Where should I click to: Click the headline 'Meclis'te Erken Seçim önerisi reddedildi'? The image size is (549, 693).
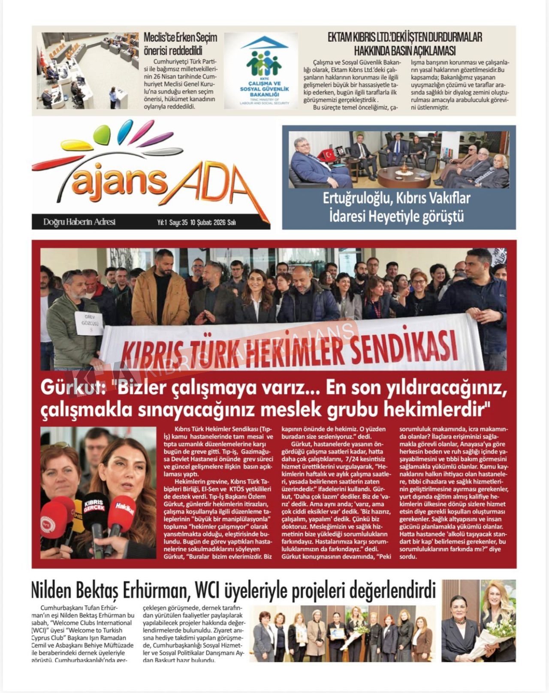point(180,44)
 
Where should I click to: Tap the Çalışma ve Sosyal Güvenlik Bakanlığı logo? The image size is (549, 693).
point(261,71)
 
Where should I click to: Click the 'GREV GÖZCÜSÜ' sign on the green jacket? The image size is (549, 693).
point(89,323)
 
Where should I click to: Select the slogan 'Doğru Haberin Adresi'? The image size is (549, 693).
point(79,222)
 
